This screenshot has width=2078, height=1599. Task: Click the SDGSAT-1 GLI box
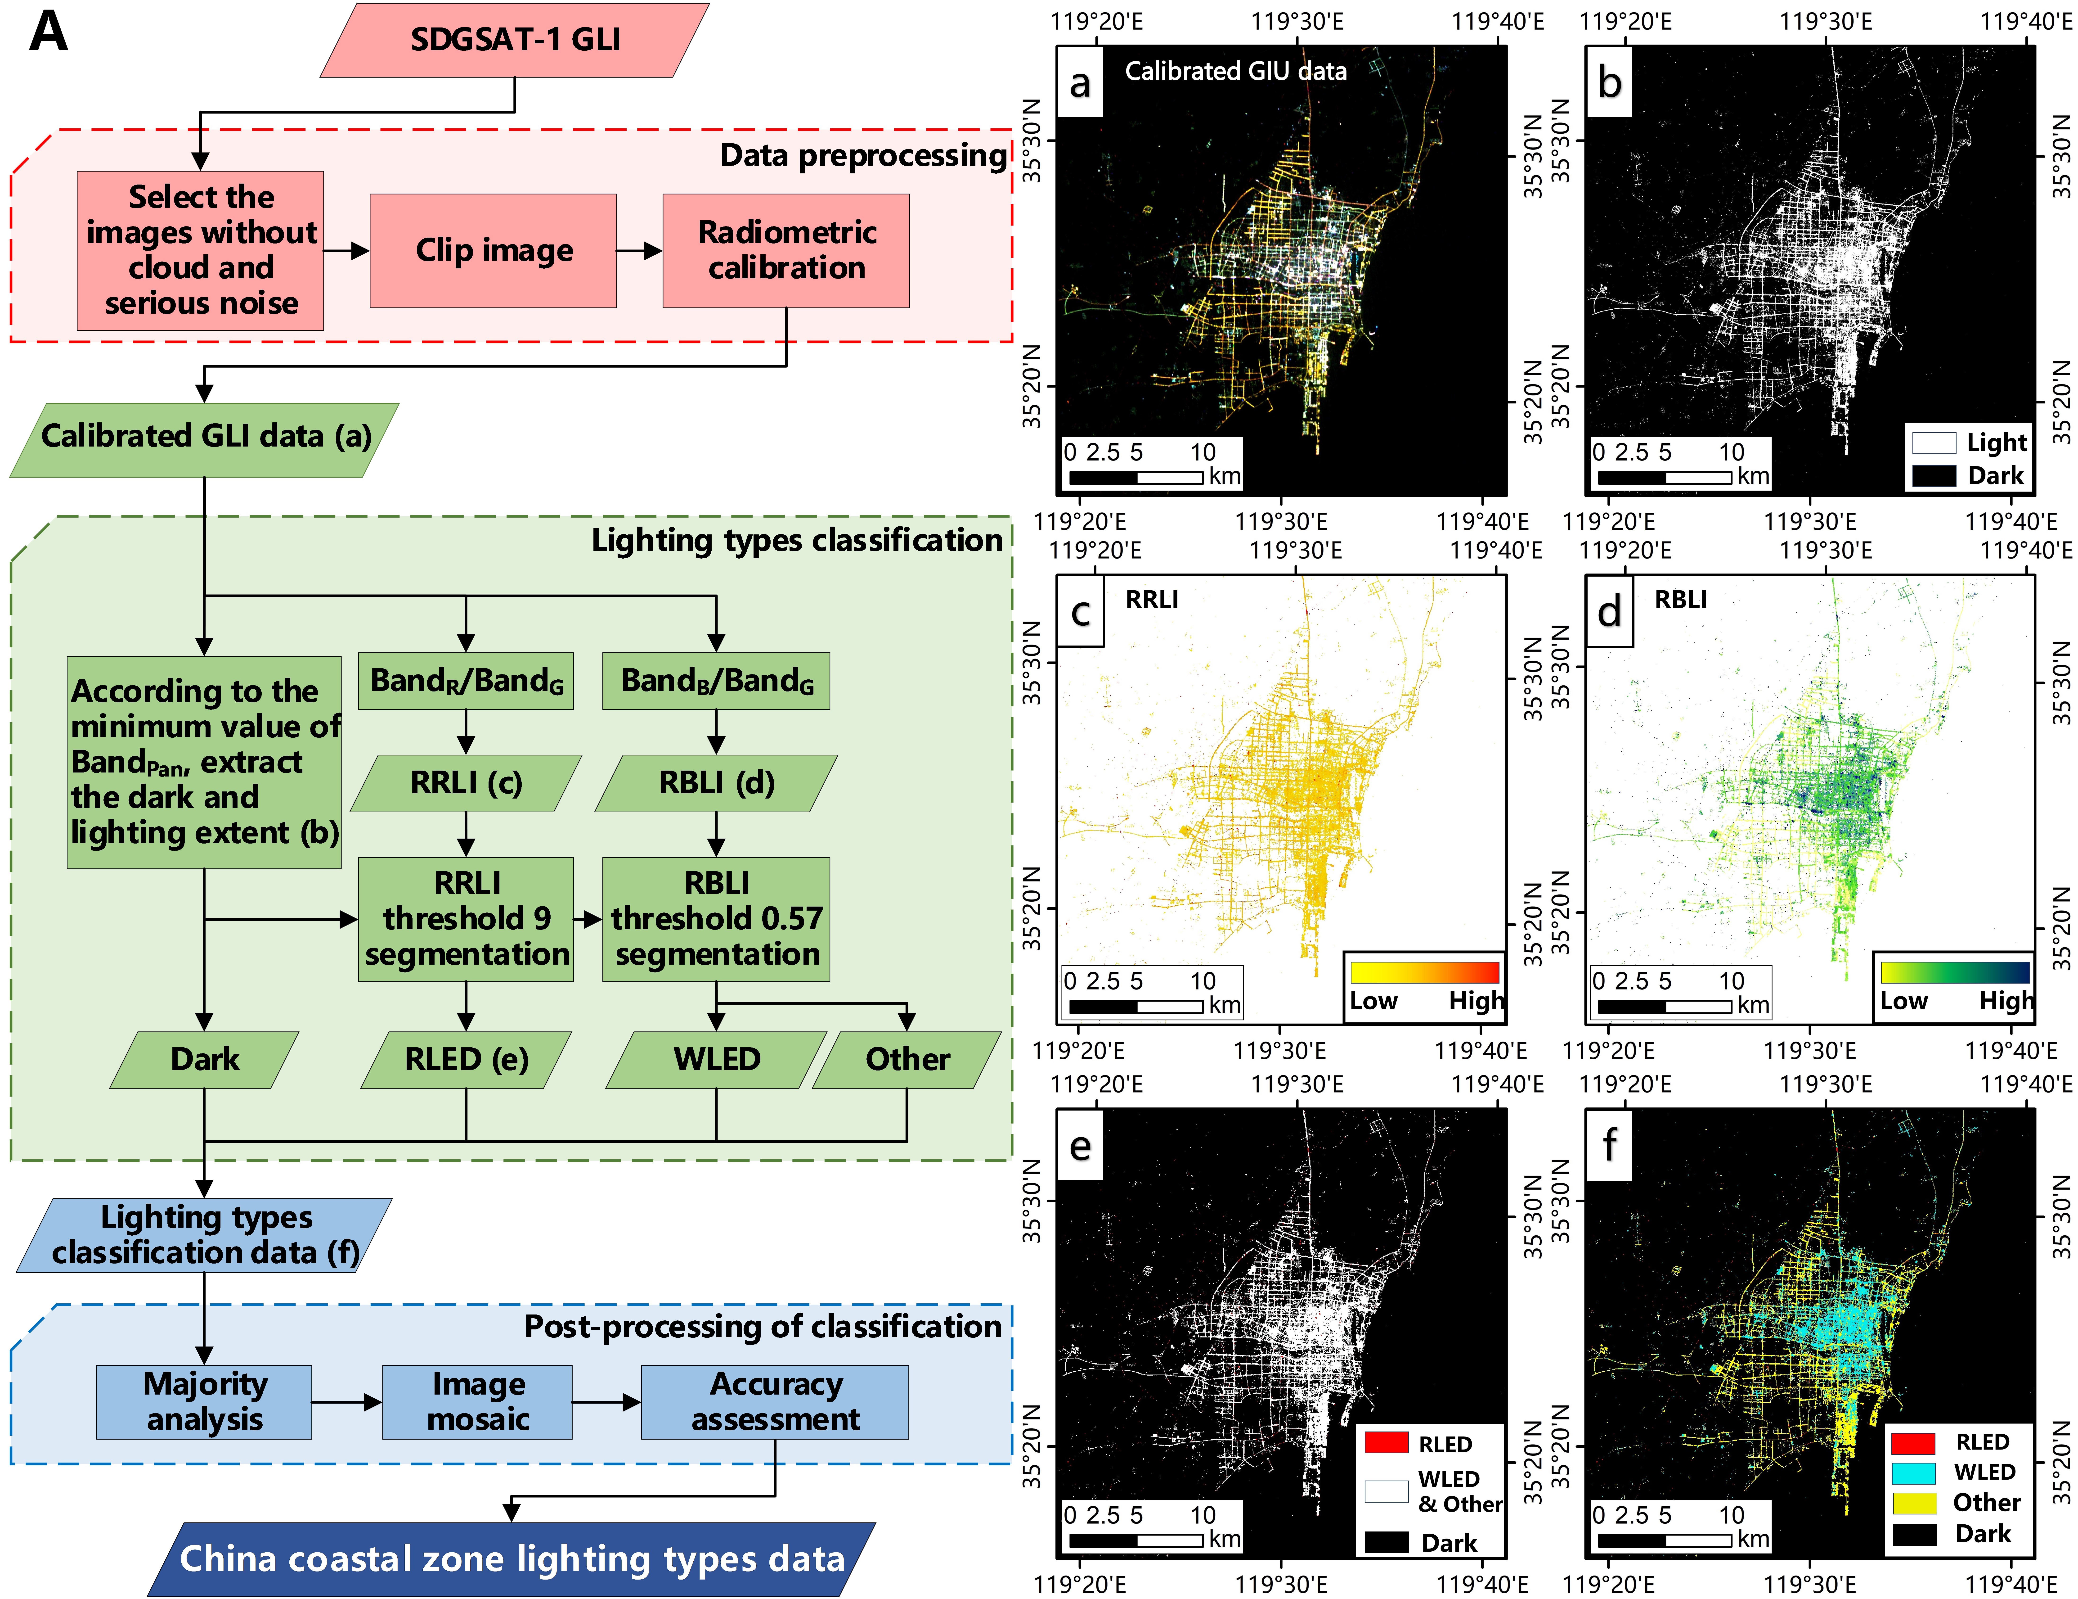point(515,40)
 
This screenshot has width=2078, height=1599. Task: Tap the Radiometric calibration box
point(786,250)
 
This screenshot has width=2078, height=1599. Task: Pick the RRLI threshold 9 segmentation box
point(466,918)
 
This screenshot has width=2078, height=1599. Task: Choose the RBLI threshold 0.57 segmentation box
point(716,918)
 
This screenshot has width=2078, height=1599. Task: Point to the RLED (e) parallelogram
point(466,1059)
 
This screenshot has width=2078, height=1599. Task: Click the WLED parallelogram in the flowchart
point(716,1059)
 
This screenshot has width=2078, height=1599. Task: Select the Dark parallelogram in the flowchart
point(205,1059)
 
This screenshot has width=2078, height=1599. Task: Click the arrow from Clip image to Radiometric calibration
point(639,250)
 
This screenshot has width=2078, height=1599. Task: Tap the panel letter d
point(1609,611)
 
